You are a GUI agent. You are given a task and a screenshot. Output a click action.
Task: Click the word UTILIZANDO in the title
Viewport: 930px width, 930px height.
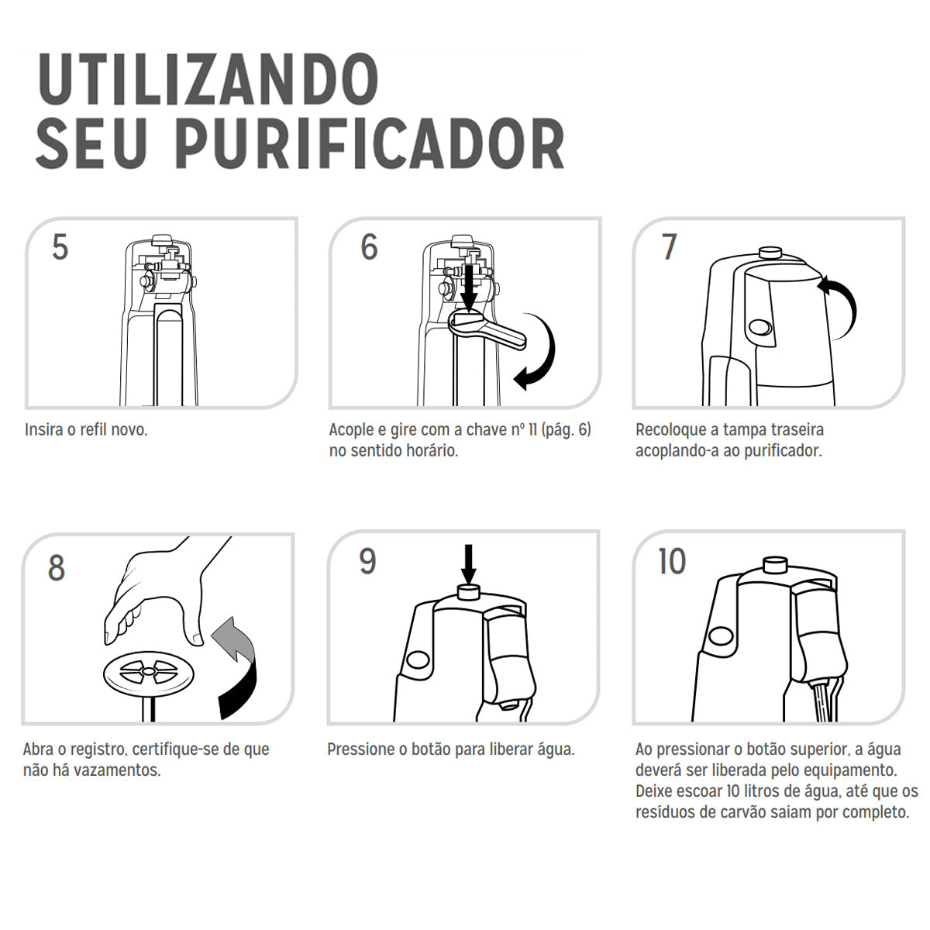[x=208, y=79]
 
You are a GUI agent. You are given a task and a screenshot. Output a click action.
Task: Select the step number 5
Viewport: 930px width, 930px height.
[x=60, y=247]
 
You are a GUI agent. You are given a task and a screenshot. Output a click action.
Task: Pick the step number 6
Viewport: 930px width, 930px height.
[x=369, y=246]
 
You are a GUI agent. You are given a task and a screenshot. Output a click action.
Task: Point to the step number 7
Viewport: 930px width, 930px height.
[x=670, y=246]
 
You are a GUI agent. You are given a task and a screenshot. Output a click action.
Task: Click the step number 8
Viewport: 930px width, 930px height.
[x=57, y=567]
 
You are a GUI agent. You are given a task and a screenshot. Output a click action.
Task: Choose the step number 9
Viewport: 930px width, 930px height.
[x=367, y=561]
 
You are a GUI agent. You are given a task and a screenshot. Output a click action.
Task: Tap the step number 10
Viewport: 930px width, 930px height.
[x=672, y=561]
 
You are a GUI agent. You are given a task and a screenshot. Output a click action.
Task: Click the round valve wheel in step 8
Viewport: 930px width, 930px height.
[x=149, y=671]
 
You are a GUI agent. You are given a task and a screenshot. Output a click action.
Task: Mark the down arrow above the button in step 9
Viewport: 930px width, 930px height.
[x=468, y=564]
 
